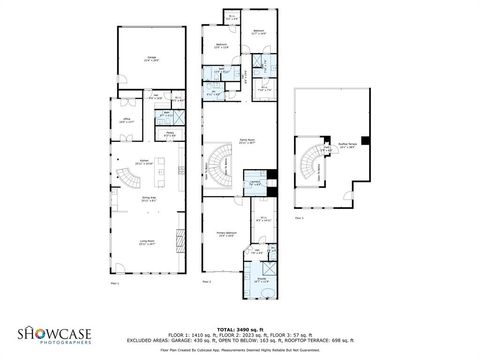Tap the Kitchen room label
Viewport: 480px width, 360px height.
tap(144, 162)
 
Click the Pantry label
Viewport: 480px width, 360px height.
tap(171, 132)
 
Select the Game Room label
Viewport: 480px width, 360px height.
tap(245, 142)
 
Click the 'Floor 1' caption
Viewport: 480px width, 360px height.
tap(114, 284)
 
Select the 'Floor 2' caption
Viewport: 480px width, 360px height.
tap(206, 284)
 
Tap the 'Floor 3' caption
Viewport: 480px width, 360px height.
tap(299, 216)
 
